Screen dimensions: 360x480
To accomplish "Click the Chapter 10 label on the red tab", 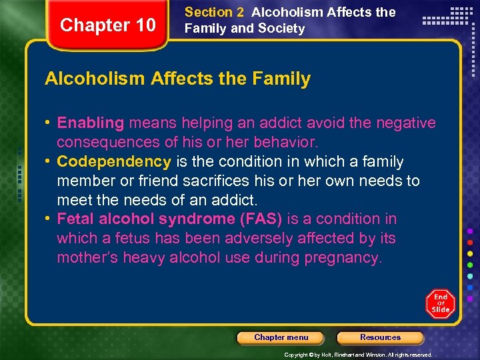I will [107, 25].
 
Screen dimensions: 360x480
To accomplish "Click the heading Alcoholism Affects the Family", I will [177, 79].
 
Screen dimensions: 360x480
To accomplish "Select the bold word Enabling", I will [91, 123].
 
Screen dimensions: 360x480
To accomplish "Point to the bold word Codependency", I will [114, 161].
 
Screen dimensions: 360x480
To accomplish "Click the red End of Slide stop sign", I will [441, 303].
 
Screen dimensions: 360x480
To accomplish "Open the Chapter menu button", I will [281, 337].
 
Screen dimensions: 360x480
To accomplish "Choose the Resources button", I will [380, 337].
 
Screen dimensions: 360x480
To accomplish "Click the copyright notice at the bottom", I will [358, 355].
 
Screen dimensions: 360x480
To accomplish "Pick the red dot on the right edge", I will [469, 243].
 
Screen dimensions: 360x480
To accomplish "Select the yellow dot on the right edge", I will [469, 254].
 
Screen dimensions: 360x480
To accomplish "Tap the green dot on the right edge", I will [469, 265].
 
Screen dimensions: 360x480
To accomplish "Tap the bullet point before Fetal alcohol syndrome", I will [49, 219].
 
